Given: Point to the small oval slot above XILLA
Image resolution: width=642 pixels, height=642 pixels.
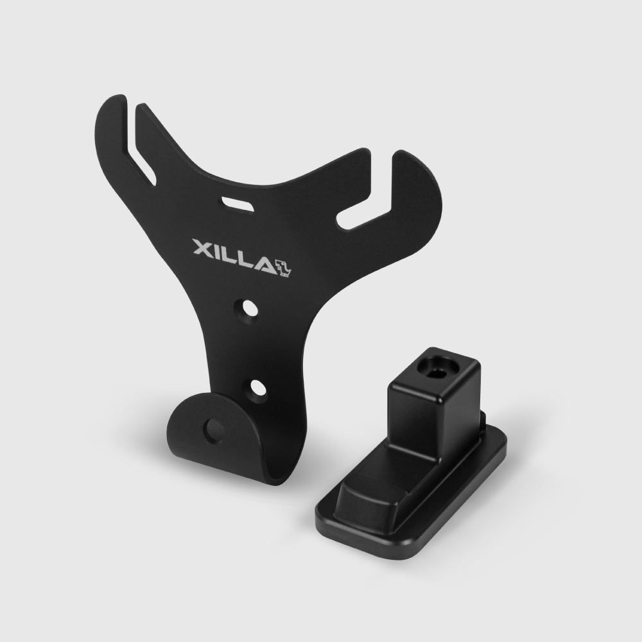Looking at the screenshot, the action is pyautogui.click(x=238, y=204).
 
